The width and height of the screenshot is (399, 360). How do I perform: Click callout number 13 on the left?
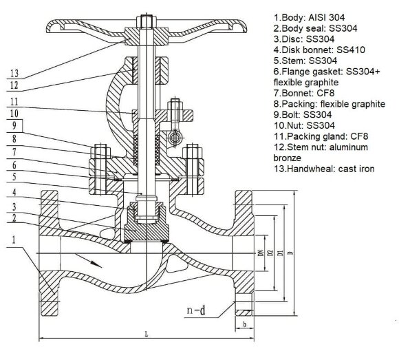pos(14,72)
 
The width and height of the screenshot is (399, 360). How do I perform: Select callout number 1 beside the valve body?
pos(14,241)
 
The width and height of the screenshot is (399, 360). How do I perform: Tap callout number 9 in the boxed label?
pos(14,125)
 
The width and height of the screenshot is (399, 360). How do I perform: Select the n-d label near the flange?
pos(196,311)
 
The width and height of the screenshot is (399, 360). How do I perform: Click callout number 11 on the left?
pos(14,100)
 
